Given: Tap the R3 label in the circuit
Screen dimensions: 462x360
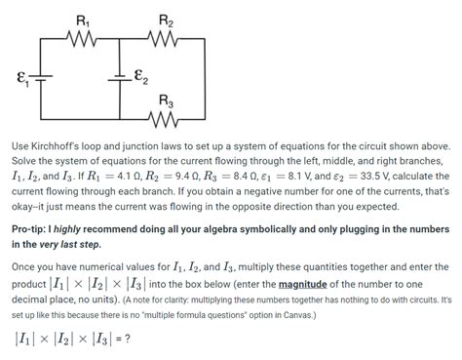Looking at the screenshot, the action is tap(165, 100).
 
